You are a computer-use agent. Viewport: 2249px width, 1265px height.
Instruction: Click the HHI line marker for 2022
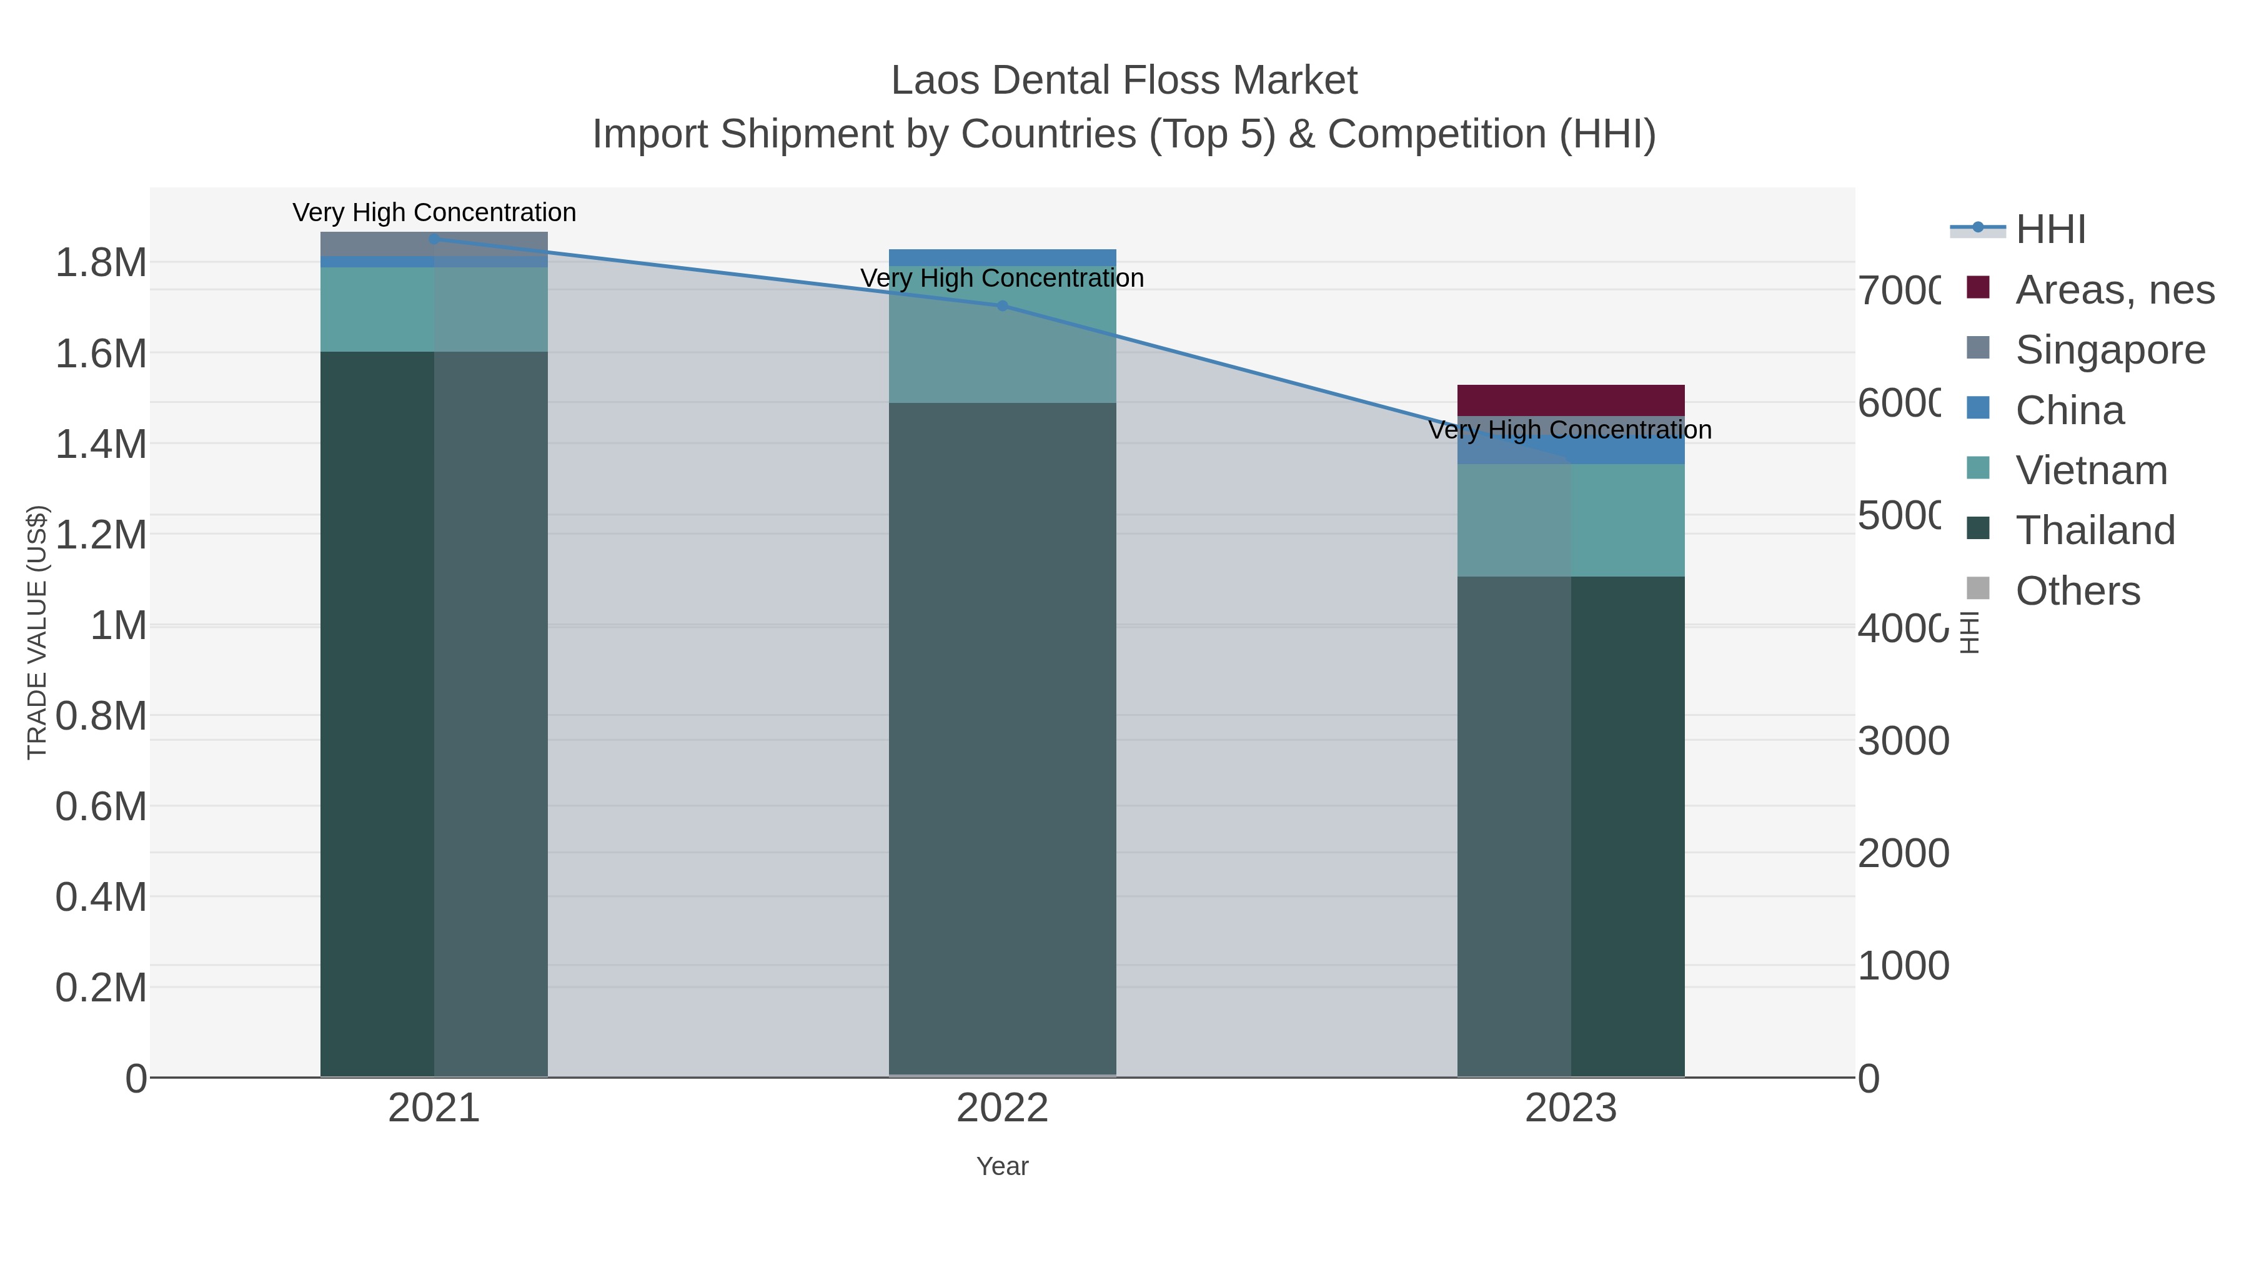click(1002, 305)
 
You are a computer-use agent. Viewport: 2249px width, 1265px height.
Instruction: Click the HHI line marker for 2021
click(434, 239)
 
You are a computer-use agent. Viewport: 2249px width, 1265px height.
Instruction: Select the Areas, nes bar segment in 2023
click(1571, 400)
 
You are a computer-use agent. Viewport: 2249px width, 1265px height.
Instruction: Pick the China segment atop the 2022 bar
click(1002, 257)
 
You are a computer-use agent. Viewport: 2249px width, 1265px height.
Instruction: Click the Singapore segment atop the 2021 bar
click(434, 244)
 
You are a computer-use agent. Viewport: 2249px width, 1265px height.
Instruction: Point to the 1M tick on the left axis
click(119, 625)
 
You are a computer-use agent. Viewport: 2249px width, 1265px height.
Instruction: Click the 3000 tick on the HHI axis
click(1904, 740)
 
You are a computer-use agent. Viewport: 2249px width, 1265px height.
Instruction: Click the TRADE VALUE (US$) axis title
click(37, 632)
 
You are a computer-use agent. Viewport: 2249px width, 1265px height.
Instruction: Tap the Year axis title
click(1002, 1166)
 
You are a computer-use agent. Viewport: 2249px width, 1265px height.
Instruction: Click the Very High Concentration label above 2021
click(434, 212)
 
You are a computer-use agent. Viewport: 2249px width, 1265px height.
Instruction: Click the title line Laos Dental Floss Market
click(1124, 81)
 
